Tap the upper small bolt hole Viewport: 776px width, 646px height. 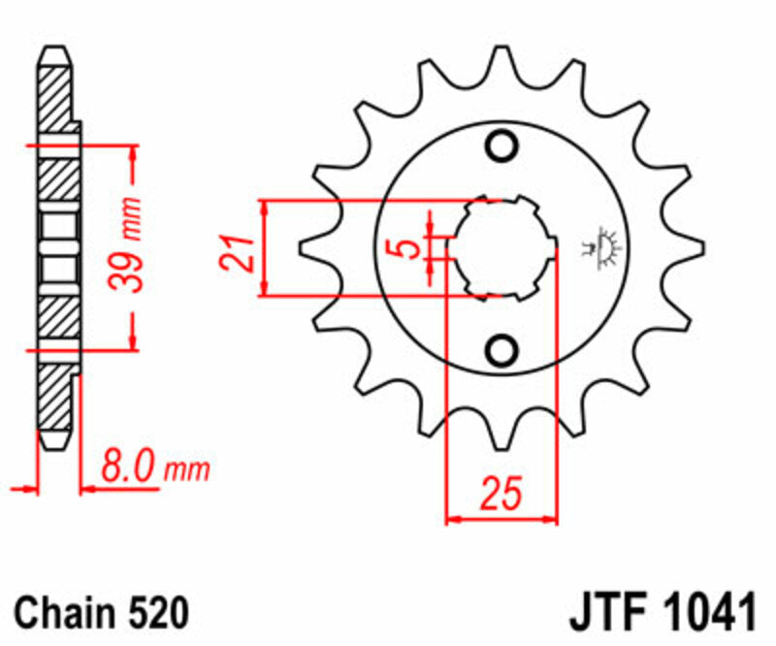(502, 146)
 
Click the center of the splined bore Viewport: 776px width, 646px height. (502, 248)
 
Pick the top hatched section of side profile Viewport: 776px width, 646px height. (55, 97)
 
